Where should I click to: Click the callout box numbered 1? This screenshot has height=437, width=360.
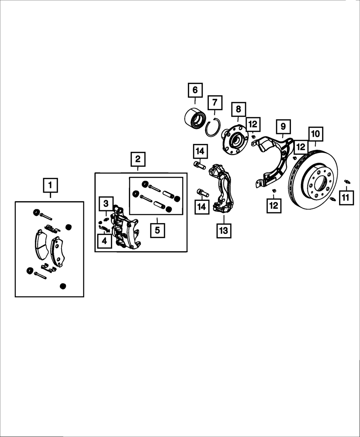click(x=50, y=186)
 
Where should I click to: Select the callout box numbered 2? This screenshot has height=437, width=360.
click(x=138, y=159)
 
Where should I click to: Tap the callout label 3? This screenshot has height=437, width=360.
click(x=106, y=204)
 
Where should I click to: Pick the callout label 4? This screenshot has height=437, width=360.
click(x=104, y=241)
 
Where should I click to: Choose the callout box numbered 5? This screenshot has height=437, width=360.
click(x=157, y=230)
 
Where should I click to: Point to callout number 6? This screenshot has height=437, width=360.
click(x=195, y=90)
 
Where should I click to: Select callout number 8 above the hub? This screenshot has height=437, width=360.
click(x=238, y=109)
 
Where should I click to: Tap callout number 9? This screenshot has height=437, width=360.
click(x=283, y=126)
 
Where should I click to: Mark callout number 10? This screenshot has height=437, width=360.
click(x=315, y=134)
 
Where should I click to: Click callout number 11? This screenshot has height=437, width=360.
click(x=345, y=198)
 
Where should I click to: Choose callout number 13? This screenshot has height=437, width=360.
click(x=224, y=230)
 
